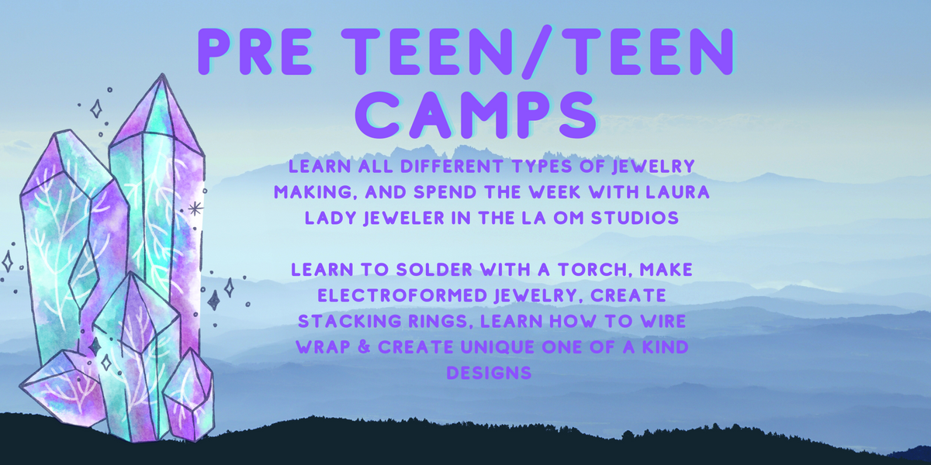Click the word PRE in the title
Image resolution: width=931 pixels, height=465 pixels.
tap(254, 51)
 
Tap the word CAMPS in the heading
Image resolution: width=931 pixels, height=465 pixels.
tap(476, 115)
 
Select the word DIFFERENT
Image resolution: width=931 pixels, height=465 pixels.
tap(452, 167)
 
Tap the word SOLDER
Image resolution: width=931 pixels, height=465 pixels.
tap(434, 270)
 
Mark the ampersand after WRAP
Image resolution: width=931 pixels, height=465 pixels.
tap(364, 347)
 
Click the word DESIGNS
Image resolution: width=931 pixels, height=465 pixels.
tap(489, 373)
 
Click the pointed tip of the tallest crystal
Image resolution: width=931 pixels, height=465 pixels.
tap(161, 74)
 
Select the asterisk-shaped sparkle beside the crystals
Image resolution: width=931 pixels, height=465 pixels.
tap(196, 208)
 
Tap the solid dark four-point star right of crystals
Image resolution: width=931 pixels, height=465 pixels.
tap(213, 300)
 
